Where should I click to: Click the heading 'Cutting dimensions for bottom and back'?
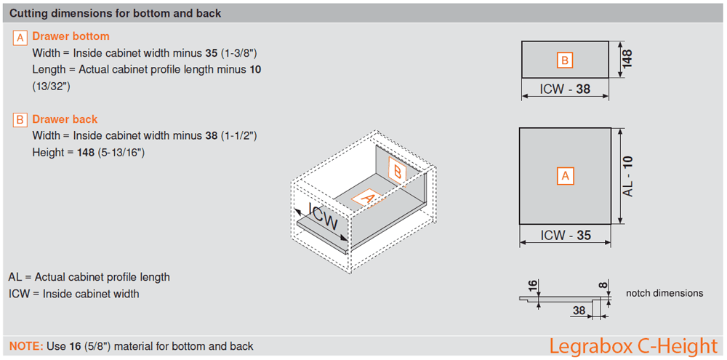116,13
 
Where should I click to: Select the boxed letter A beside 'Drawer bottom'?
20,37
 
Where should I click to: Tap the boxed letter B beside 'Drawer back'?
20,120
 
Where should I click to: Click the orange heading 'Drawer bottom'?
71,36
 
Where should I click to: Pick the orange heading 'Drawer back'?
65,119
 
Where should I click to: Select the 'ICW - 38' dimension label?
565,89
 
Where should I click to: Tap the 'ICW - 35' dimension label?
565,236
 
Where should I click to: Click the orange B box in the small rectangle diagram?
565,60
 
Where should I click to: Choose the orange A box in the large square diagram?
565,175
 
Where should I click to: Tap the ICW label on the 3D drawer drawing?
324,217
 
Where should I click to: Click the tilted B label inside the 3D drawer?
397,171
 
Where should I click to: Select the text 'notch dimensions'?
664,293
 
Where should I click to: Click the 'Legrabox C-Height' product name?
632,345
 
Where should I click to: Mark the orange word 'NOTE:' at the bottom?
25,346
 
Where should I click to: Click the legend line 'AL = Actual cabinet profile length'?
89,277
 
